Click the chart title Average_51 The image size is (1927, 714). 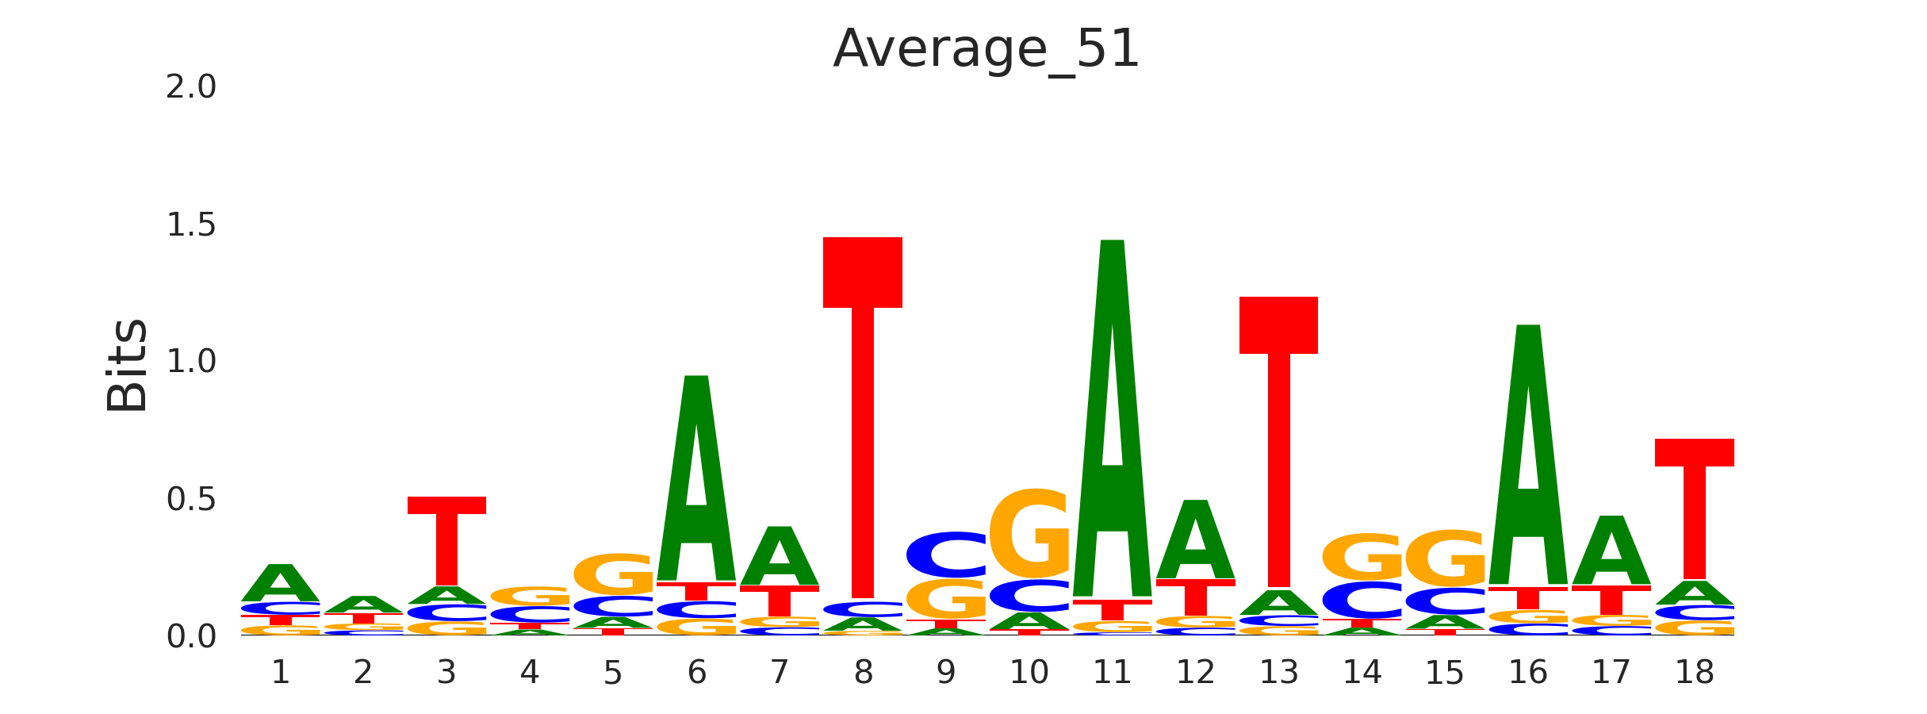986,49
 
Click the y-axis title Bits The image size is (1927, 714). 127,365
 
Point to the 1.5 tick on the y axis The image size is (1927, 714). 191,225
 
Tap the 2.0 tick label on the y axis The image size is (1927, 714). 191,87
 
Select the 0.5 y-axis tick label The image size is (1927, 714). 191,500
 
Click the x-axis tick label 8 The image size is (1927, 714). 863,674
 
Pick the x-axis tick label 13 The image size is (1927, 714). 1278,674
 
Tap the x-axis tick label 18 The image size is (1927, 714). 1695,674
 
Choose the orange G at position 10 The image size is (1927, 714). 1029,533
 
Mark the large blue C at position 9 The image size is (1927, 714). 946,555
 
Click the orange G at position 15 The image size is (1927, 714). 1445,559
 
